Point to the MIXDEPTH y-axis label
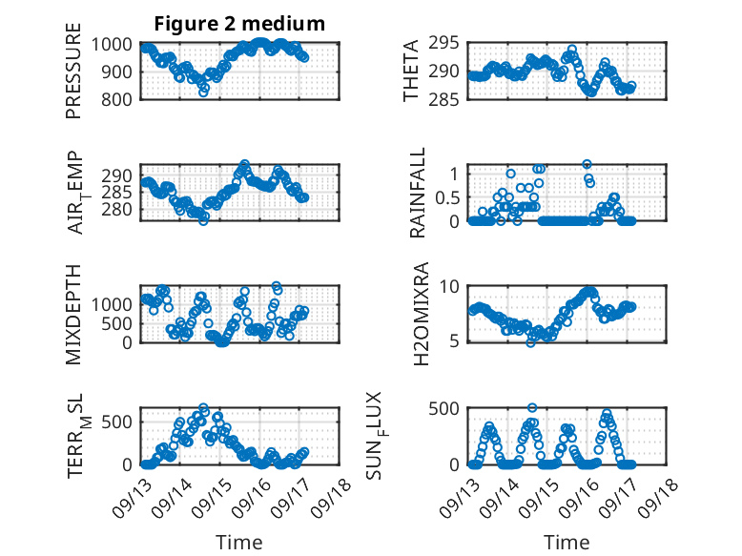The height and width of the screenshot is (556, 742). coord(73,316)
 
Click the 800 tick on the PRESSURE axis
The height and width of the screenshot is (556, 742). coord(121,98)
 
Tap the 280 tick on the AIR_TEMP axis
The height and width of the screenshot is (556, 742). coord(121,209)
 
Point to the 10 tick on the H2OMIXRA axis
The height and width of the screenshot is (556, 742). coord(452,287)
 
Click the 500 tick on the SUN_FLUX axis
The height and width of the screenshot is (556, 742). coord(447,409)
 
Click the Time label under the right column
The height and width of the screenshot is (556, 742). coord(567,542)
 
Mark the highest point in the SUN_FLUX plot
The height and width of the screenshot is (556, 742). coord(532,407)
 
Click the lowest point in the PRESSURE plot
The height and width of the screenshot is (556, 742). coord(203,93)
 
